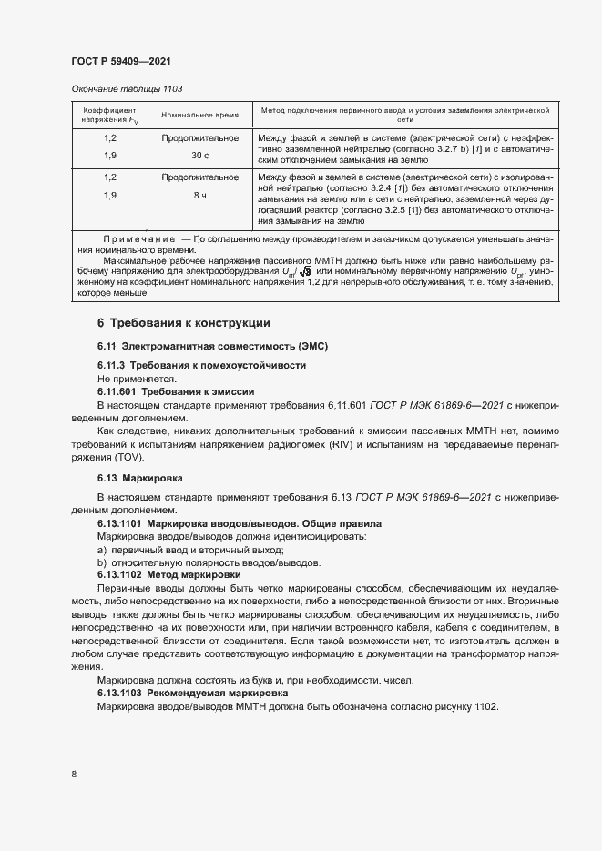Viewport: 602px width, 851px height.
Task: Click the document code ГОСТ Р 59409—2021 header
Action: click(121, 61)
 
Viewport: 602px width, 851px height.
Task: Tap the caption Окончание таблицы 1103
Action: click(127, 88)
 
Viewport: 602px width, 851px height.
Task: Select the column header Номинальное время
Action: click(199, 115)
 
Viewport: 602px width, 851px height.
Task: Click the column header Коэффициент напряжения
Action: click(110, 115)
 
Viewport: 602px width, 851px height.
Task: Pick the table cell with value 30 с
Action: click(199, 154)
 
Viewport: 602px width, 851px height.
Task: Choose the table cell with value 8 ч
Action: click(199, 195)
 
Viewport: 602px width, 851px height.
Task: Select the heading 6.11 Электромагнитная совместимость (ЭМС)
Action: click(211, 347)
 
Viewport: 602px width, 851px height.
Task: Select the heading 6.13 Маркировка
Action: click(140, 478)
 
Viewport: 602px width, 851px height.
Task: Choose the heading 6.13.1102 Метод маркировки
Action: click(168, 575)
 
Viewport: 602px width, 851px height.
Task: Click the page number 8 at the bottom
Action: click(73, 774)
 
